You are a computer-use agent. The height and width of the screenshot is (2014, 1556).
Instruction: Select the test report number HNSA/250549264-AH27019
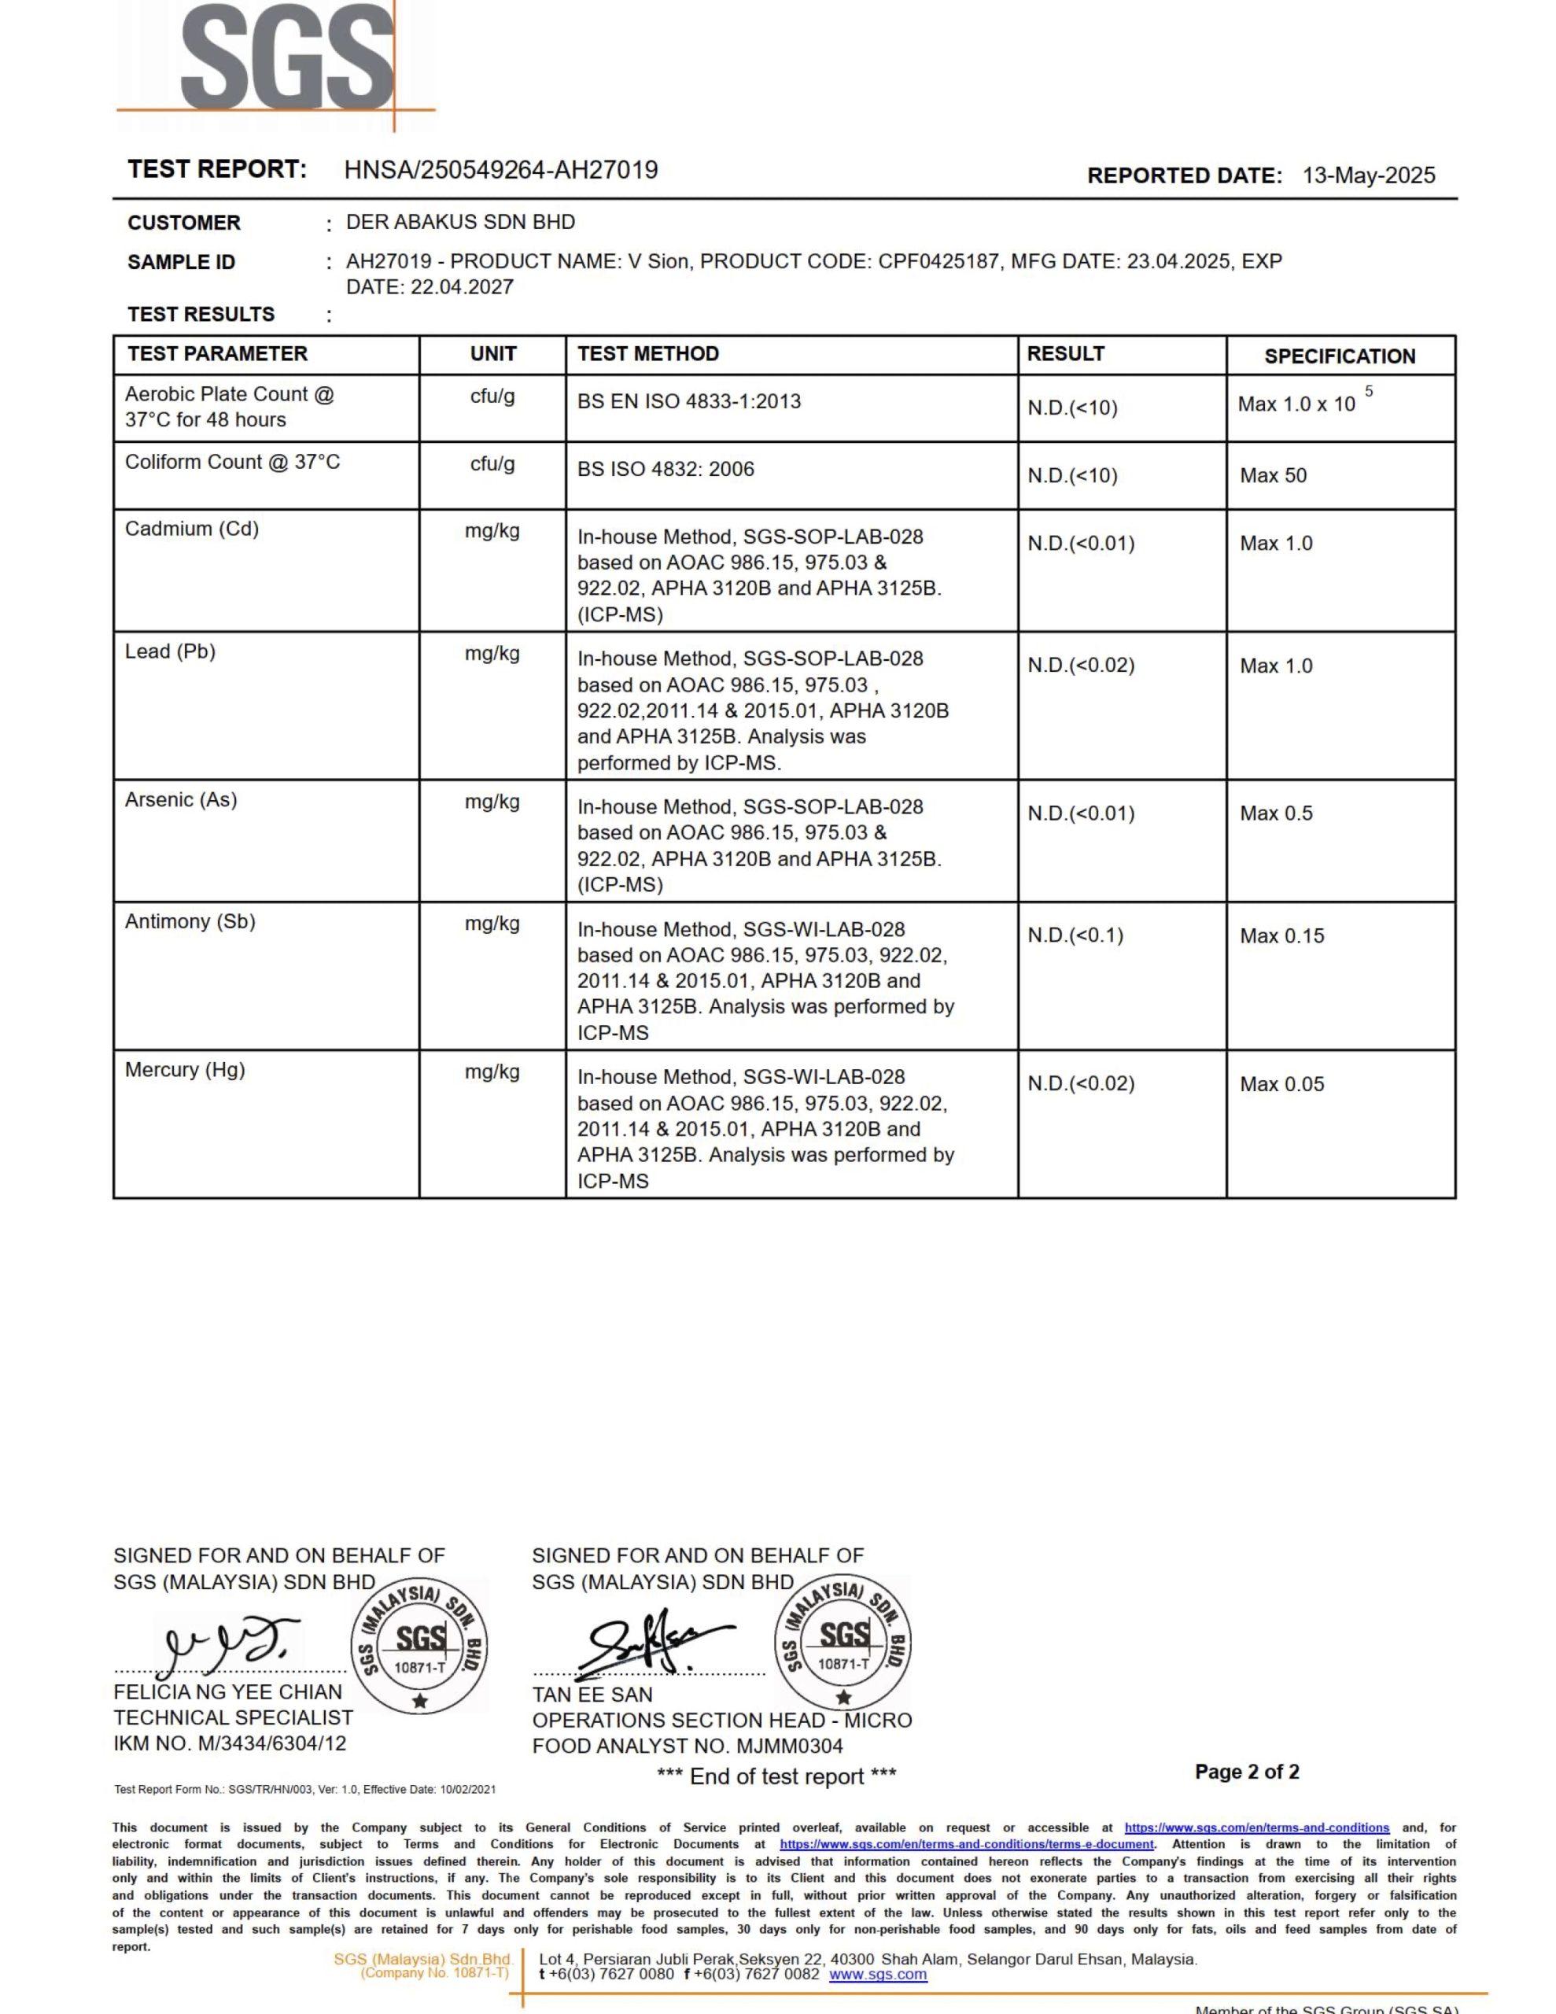pos(501,170)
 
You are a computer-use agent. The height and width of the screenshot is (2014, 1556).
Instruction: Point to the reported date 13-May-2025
pos(1368,175)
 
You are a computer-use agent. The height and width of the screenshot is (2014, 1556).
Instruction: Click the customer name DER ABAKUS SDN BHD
pos(460,222)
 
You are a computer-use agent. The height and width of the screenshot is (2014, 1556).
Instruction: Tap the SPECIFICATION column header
pos(1339,356)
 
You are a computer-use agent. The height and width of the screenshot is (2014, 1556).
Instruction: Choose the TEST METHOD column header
pos(647,354)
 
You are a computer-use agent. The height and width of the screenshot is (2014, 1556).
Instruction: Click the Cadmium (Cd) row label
pos(192,529)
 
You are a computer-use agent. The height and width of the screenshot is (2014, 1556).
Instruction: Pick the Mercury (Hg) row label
pos(184,1070)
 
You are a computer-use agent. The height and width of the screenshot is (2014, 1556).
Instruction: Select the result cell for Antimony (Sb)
pos(1075,935)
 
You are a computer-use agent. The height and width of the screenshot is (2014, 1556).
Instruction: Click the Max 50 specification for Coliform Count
pos(1273,475)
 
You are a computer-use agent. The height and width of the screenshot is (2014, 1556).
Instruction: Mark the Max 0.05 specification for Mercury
pos(1281,1083)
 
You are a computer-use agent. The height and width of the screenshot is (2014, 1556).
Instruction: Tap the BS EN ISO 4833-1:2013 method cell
pos(689,401)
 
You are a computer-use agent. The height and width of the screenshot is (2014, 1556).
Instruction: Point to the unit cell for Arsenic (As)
pos(492,802)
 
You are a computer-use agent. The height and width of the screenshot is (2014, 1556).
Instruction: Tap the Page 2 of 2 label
pos(1246,1772)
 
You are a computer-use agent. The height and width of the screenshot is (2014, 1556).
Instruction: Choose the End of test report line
pos(776,1777)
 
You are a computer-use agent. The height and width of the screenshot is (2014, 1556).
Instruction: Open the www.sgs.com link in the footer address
pos(877,1975)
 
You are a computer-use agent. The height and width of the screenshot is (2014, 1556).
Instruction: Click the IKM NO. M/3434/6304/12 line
pos(230,1743)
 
